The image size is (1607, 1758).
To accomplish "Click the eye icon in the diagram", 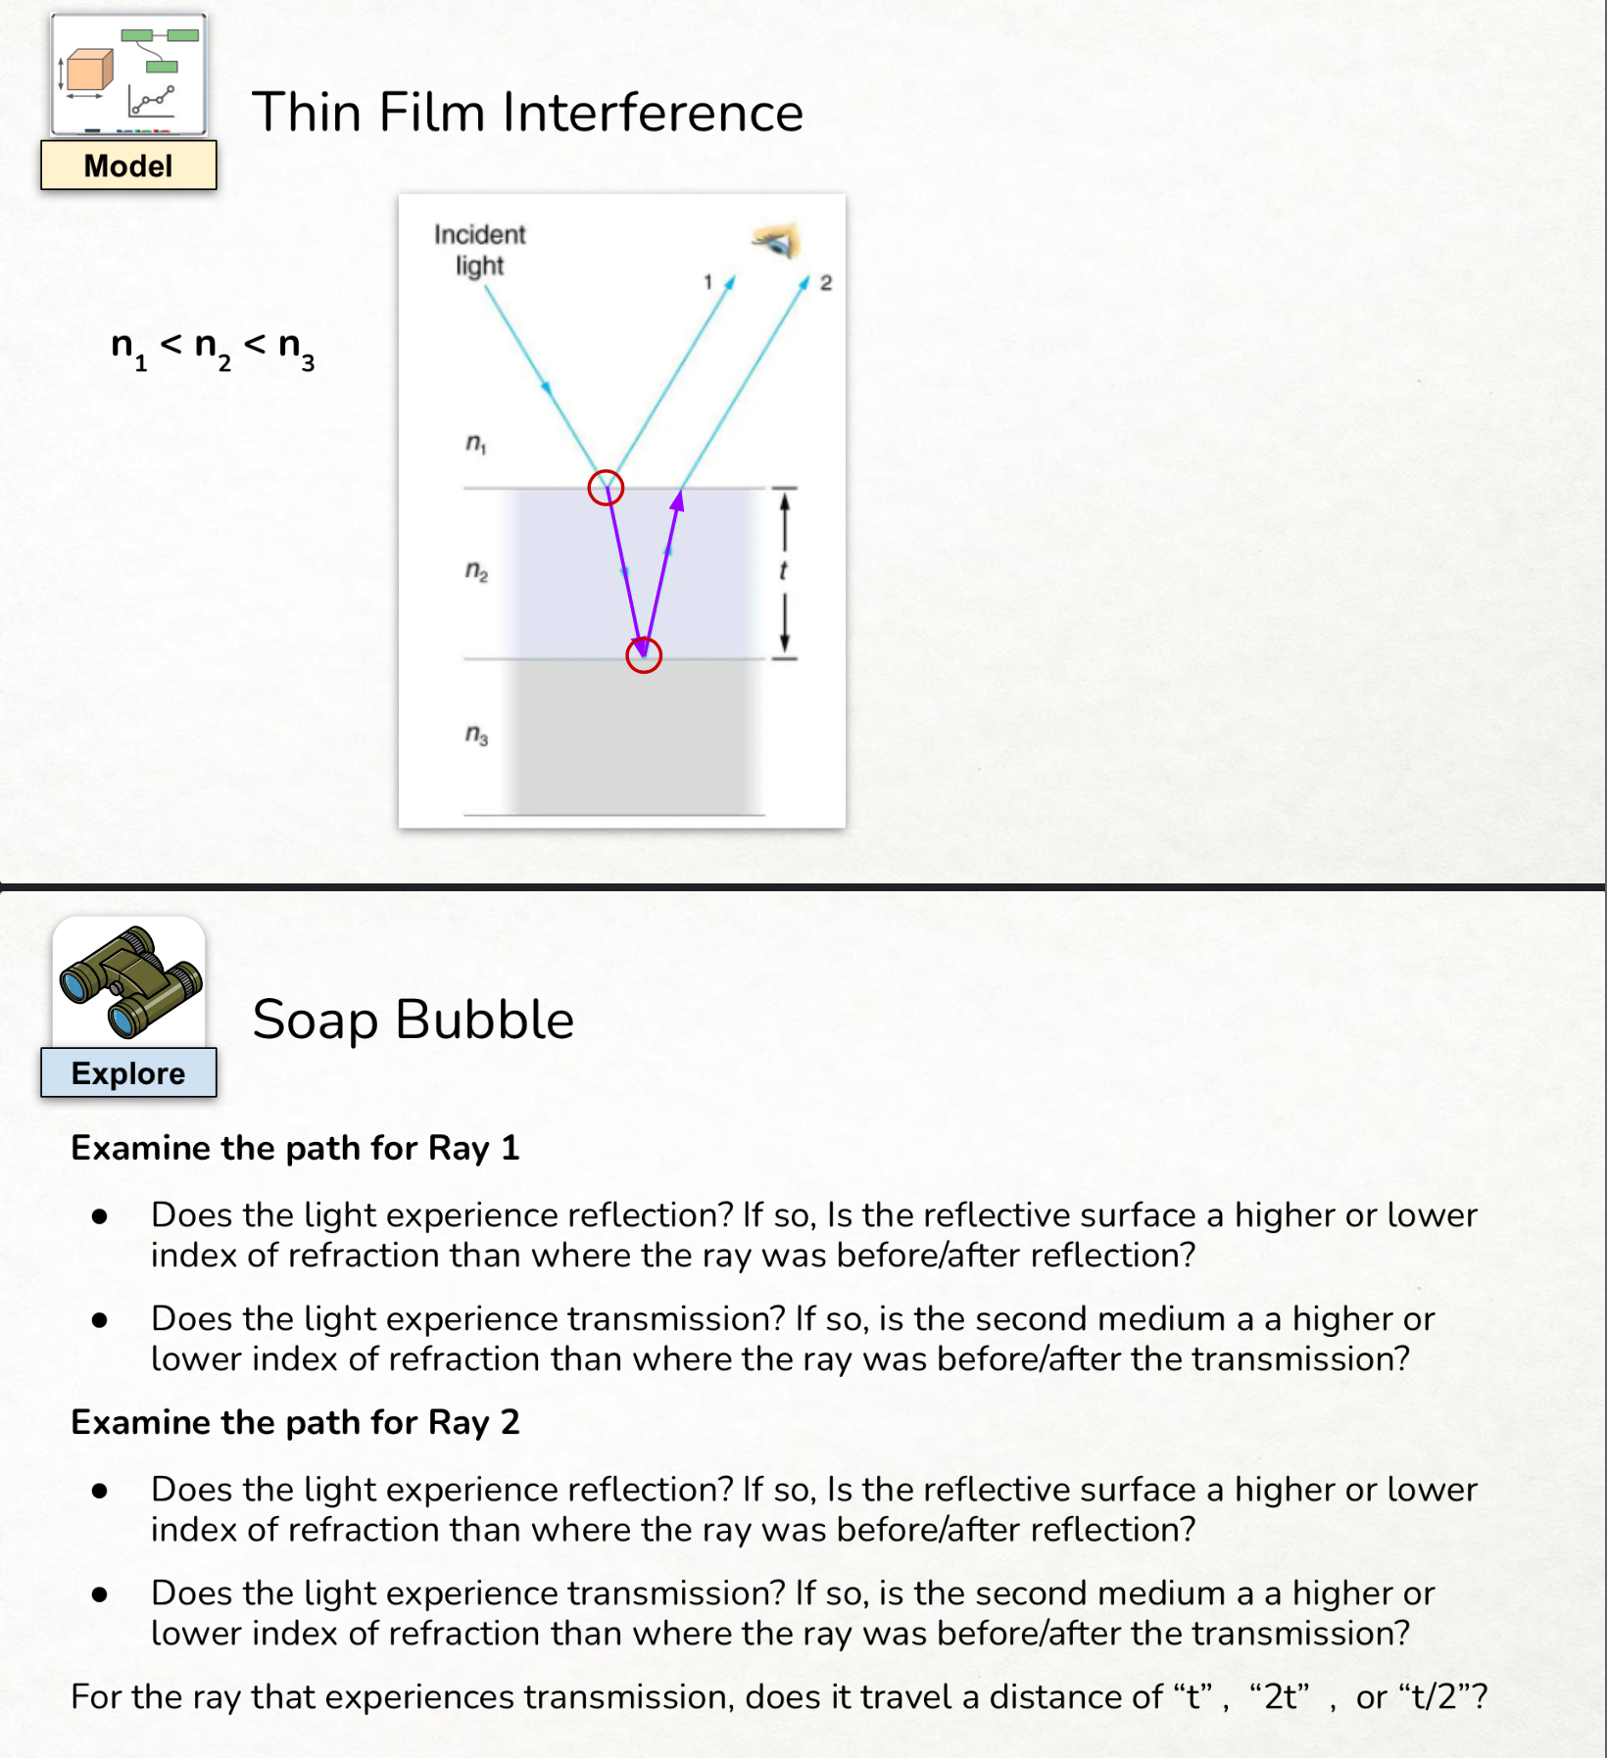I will point(777,240).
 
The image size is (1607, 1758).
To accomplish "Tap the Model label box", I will point(128,166).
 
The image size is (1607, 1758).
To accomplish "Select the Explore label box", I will point(128,1073).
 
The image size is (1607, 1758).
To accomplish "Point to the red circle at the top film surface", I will point(606,487).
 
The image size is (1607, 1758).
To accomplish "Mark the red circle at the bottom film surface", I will point(644,655).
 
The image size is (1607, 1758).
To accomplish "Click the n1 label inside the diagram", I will point(475,444).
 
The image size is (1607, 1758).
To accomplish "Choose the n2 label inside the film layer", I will point(476,570).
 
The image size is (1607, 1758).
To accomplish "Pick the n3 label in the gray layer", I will point(476,734).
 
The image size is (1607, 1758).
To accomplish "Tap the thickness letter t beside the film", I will point(783,571).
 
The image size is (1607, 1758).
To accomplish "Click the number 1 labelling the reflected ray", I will point(707,282).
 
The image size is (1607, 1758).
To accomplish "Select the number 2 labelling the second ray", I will point(826,283).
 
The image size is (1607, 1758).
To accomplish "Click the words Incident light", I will point(480,250).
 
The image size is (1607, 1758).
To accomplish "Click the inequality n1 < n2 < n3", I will point(213,348).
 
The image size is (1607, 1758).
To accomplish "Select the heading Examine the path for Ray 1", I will point(295,1148).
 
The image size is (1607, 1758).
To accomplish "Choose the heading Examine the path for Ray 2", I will point(295,1422).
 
